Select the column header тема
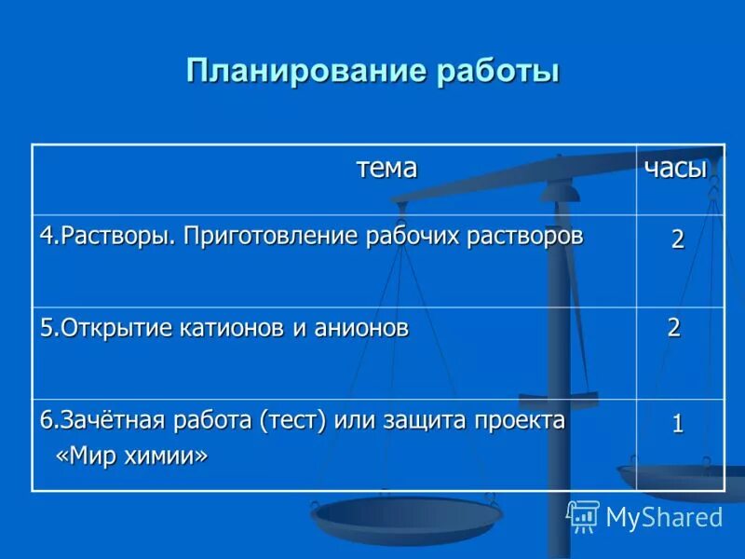[x=386, y=169]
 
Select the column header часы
[x=676, y=169]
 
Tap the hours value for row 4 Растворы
[x=678, y=239]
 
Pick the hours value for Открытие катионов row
[x=673, y=327]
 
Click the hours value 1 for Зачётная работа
[x=678, y=424]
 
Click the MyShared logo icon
[x=583, y=516]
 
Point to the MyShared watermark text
[x=664, y=518]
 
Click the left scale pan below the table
[x=406, y=518]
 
